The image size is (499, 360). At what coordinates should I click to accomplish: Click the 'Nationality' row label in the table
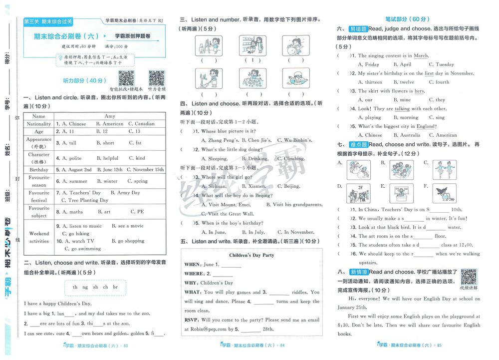click(39, 124)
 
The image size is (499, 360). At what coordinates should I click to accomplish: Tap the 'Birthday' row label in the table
click(39, 170)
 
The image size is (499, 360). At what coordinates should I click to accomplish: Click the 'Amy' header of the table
click(110, 116)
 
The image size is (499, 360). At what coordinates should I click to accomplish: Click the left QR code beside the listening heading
click(126, 78)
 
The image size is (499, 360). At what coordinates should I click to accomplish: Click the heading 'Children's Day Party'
click(251, 255)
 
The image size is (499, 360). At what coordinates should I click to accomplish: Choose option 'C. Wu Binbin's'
click(294, 140)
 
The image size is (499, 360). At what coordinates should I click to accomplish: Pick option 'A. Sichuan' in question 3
click(214, 186)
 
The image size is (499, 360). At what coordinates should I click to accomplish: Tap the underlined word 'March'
click(421, 56)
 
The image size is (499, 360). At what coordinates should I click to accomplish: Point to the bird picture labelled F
click(445, 192)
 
